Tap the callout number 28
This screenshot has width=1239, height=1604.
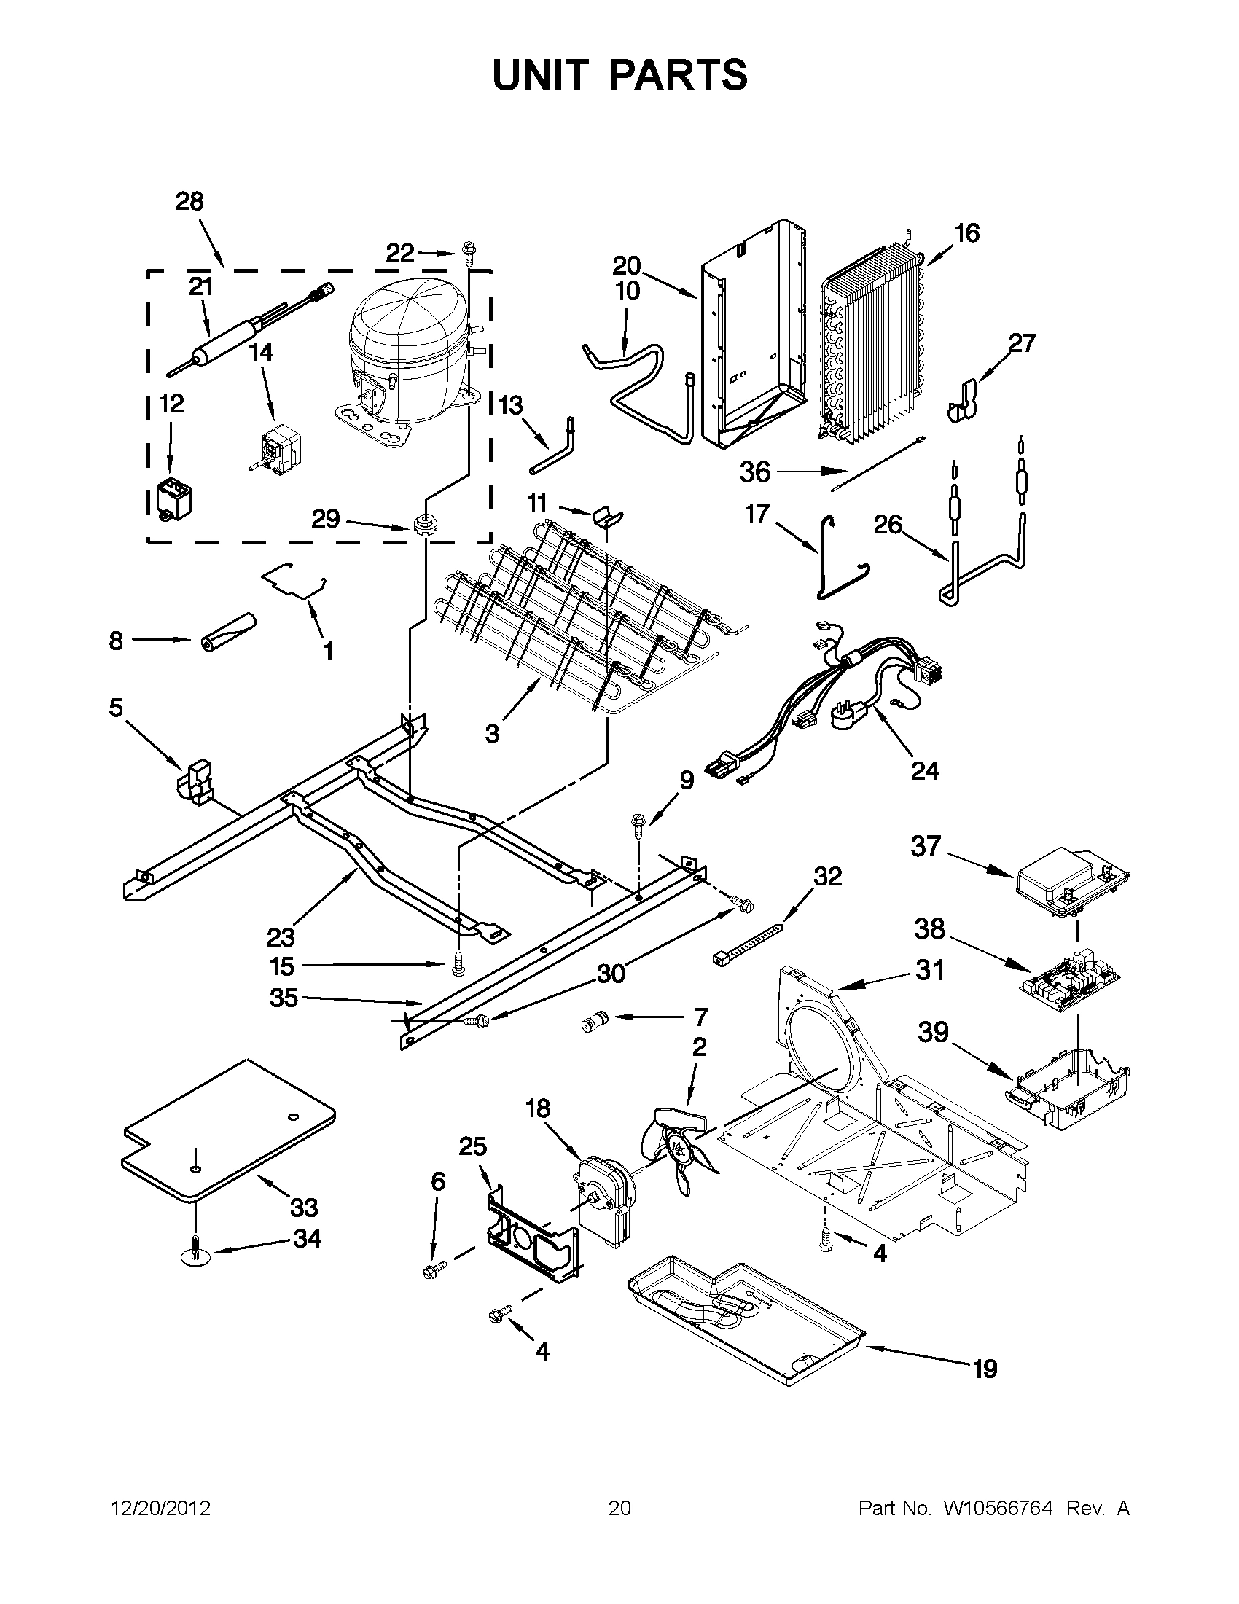coord(189,201)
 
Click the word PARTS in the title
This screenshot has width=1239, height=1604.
coord(679,76)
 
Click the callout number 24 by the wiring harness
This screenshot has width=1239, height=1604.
coord(924,770)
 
